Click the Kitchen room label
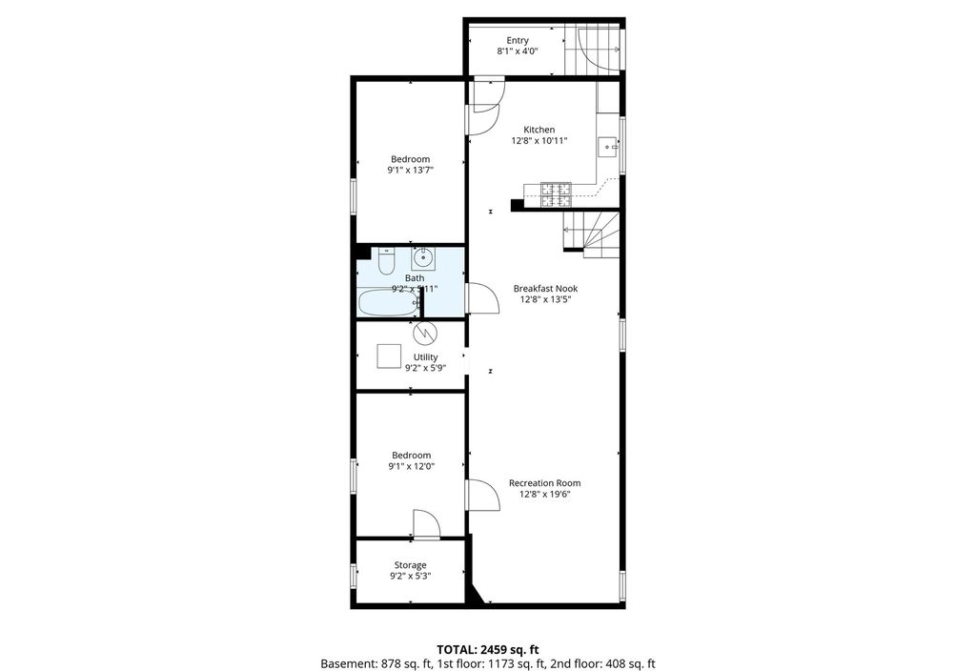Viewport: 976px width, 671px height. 539,130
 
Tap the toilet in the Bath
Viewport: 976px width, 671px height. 386,261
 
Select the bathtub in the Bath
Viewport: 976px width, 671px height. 389,303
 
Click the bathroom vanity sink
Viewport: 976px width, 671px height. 423,257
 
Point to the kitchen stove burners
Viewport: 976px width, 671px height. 556,194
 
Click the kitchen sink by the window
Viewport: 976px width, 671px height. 607,148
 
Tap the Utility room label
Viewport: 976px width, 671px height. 426,356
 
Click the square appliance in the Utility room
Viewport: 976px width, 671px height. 390,357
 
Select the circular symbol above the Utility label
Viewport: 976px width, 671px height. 425,333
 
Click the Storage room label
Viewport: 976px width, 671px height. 410,565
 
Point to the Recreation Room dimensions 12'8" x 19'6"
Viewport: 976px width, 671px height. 545,495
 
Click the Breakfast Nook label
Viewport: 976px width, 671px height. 545,288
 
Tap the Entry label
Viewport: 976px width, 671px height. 518,40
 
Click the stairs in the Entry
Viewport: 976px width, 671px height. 593,50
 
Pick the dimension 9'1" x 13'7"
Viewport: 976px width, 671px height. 410,170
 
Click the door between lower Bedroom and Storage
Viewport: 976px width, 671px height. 427,524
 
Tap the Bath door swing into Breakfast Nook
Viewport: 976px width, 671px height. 483,298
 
